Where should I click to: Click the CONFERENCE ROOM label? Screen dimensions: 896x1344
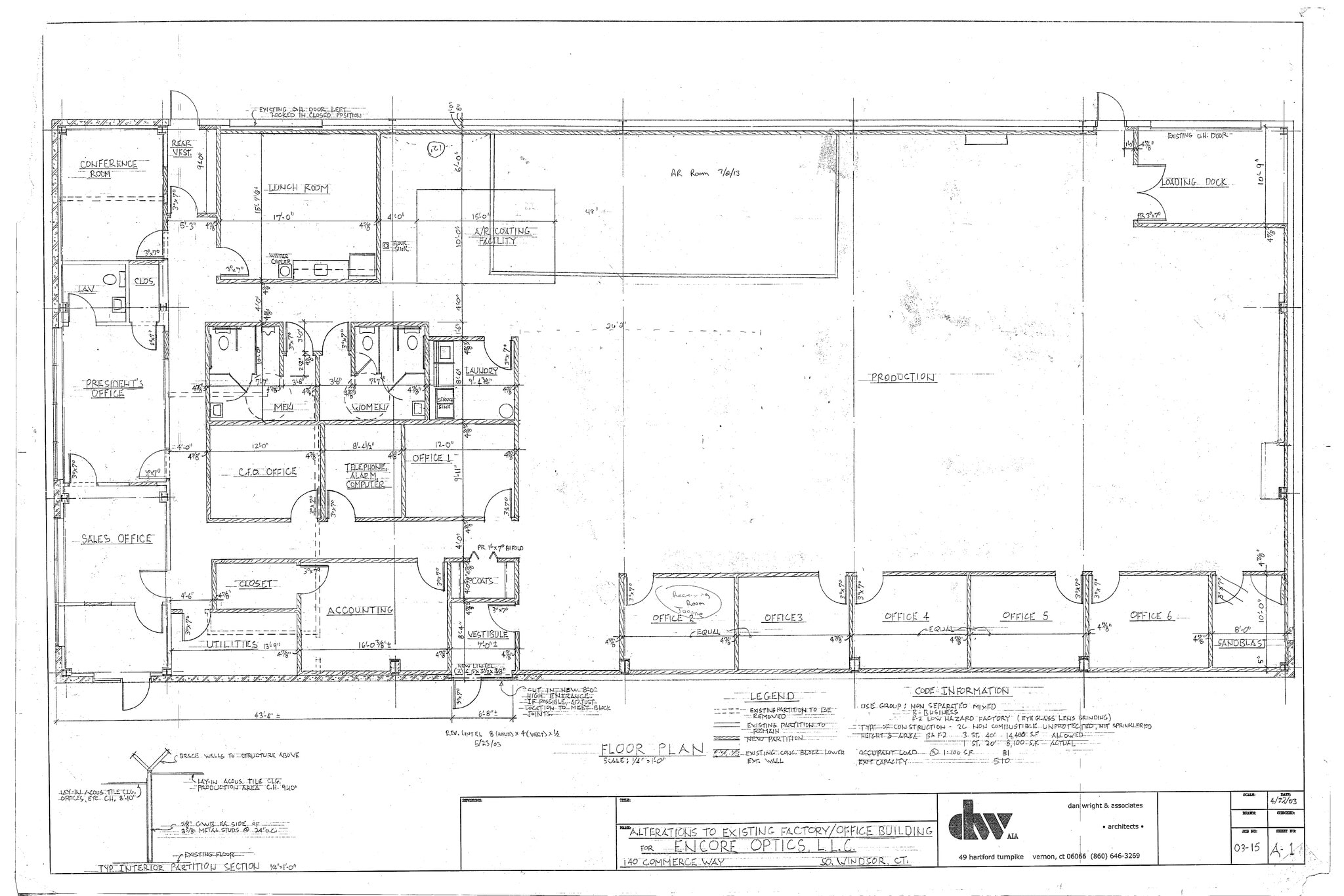[x=108, y=169]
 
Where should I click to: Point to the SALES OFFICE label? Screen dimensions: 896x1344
[x=117, y=539]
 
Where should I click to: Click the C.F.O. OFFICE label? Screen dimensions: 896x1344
[x=267, y=471]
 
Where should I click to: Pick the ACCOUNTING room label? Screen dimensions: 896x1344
[x=360, y=610]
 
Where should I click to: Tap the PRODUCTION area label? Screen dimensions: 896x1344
[x=902, y=377]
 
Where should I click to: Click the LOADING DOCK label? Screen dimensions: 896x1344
[x=1194, y=182]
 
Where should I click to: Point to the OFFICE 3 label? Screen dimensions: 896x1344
[x=784, y=618]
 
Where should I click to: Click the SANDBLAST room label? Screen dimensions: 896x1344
[x=1241, y=643]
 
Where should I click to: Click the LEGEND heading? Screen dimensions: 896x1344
[x=772, y=696]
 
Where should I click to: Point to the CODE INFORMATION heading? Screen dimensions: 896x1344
[x=961, y=691]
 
